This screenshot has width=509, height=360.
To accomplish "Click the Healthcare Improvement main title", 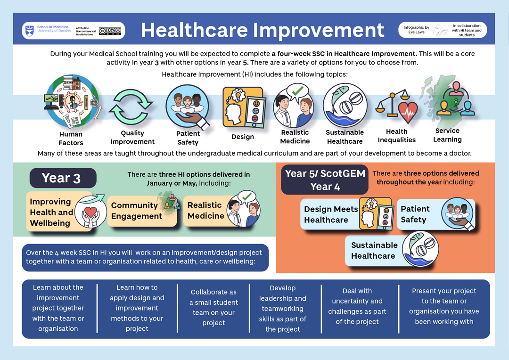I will pyautogui.click(x=263, y=30).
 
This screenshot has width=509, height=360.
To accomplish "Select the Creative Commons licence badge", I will pyautogui.click(x=110, y=31).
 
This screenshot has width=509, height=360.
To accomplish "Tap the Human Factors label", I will pyautogui.click(x=71, y=139).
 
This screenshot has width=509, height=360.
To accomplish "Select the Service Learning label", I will pyautogui.click(x=447, y=135).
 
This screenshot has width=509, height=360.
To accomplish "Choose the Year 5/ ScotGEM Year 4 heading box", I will pyautogui.click(x=325, y=180).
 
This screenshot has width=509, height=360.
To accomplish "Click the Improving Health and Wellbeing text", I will pyautogui.click(x=51, y=212).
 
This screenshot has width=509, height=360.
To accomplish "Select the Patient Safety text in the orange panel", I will pyautogui.click(x=415, y=214).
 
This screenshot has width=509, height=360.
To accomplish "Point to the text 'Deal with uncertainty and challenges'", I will pyautogui.click(x=357, y=306).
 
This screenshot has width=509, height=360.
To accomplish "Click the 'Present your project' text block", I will pyautogui.click(x=444, y=306).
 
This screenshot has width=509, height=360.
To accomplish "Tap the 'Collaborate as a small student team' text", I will pyautogui.click(x=213, y=307).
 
